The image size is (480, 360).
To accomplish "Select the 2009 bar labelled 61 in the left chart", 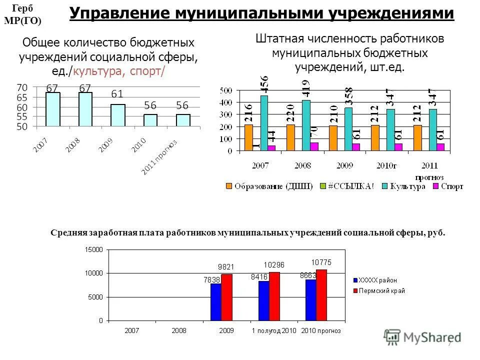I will coord(118,115).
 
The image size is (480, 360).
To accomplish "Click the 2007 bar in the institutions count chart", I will coord(53,109).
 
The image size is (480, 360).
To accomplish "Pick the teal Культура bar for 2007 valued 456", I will coord(264,123).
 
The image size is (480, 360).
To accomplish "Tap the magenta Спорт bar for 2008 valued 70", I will coord(314,146).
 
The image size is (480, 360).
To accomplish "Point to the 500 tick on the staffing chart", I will coord(226,90).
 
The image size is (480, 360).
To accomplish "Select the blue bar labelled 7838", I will coord(215,301).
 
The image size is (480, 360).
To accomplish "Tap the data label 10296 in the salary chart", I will coord(274,265).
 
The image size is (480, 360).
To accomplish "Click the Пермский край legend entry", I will coord(381,290).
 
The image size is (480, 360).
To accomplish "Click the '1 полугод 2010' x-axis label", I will coord(274,330).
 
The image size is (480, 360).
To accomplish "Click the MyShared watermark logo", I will coord(423,337).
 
